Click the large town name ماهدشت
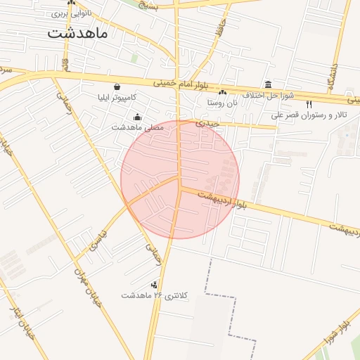(x=77, y=33)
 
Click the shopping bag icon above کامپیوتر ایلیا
(x=116, y=87)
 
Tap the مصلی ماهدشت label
(x=137, y=127)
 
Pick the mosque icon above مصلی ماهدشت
(x=137, y=117)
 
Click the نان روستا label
(x=223, y=102)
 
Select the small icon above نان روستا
(x=223, y=92)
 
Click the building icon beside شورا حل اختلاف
(x=268, y=84)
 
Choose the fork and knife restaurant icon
(x=309, y=104)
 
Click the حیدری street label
(x=208, y=122)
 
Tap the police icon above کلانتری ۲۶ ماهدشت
(x=154, y=285)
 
